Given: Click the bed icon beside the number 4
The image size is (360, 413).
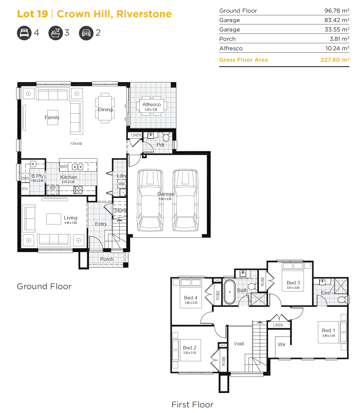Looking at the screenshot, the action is pyautogui.click(x=24, y=33).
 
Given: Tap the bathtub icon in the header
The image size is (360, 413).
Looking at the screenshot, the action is pyautogui.click(x=56, y=33).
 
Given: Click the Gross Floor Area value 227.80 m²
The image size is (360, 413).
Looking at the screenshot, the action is pyautogui.click(x=335, y=60).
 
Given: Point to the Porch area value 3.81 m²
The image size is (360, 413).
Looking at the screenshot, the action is pyautogui.click(x=339, y=39).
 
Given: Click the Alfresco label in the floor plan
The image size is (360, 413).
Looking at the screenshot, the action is pyautogui.click(x=151, y=104).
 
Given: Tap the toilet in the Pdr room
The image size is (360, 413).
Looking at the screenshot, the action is pyautogui.click(x=166, y=137).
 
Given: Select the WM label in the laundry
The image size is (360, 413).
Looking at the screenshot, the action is pyautogui.click(x=121, y=184).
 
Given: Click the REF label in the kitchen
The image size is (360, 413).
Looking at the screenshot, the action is pyautogui.click(x=53, y=188).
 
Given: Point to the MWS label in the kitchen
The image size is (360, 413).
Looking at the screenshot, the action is pyautogui.click(x=64, y=166).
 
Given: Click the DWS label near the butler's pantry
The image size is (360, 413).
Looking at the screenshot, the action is pyautogui.click(x=25, y=178).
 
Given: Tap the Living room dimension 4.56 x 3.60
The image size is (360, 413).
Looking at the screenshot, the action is pyautogui.click(x=71, y=223).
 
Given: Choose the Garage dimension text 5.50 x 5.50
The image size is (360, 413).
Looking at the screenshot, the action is pyautogui.click(x=165, y=199).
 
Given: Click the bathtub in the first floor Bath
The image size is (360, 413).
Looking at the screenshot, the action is pyautogui.click(x=230, y=292).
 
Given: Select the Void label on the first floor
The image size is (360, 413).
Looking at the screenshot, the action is pyautogui.click(x=239, y=344).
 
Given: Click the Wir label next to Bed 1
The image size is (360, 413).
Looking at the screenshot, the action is pyautogui.click(x=282, y=344).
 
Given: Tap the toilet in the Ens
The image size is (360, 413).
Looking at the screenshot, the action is pyautogui.click(x=343, y=299).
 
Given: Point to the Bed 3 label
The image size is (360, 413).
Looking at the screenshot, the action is pyautogui.click(x=293, y=283).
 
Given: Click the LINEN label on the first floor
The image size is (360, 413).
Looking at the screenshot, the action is pyautogui.click(x=278, y=325).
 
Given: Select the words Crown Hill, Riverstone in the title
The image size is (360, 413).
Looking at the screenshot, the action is pyautogui.click(x=114, y=14).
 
